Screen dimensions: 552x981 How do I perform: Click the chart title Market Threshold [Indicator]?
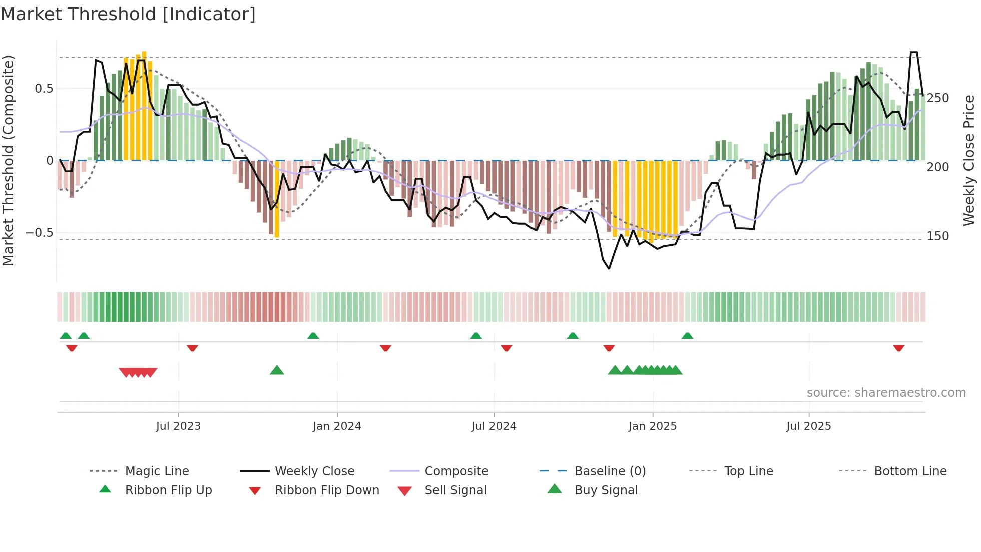(x=128, y=14)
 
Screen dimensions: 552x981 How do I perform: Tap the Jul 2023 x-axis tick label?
(x=178, y=426)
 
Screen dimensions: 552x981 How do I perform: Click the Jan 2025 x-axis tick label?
(x=652, y=426)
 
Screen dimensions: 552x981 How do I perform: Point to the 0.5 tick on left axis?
(x=44, y=89)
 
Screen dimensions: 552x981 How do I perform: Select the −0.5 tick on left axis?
(x=39, y=233)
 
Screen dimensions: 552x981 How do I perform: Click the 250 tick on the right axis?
(x=937, y=98)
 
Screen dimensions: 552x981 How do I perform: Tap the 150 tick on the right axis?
(x=937, y=236)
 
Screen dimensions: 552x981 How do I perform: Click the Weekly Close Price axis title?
(x=969, y=160)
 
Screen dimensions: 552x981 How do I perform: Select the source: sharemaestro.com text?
(x=886, y=393)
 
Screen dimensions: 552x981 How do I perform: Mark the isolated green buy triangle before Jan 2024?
(x=277, y=370)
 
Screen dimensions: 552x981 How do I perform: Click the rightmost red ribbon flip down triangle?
(x=898, y=348)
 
